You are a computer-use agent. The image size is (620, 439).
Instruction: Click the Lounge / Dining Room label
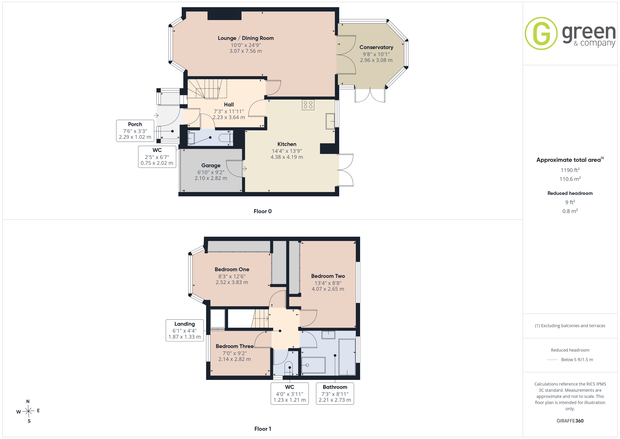click(246, 38)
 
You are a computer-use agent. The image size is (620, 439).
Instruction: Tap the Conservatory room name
click(376, 47)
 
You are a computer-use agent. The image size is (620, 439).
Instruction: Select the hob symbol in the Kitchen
click(308, 105)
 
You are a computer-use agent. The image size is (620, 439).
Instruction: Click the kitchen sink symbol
click(330, 121)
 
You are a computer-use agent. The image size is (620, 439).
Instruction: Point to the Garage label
click(211, 166)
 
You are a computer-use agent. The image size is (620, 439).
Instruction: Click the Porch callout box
click(135, 131)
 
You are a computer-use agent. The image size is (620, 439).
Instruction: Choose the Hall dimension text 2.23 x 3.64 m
click(229, 117)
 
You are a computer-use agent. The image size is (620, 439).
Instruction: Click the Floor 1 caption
click(263, 429)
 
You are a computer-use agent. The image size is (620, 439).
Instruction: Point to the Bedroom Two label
click(328, 276)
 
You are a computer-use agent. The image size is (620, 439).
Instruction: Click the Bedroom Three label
click(235, 346)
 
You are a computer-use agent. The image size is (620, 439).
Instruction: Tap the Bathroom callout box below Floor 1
click(335, 394)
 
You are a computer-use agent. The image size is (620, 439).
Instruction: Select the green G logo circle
click(541, 34)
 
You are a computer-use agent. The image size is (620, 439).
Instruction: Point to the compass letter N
click(28, 401)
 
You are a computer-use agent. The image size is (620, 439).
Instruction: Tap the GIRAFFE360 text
click(570, 421)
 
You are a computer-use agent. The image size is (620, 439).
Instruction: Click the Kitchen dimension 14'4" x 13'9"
click(287, 151)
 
